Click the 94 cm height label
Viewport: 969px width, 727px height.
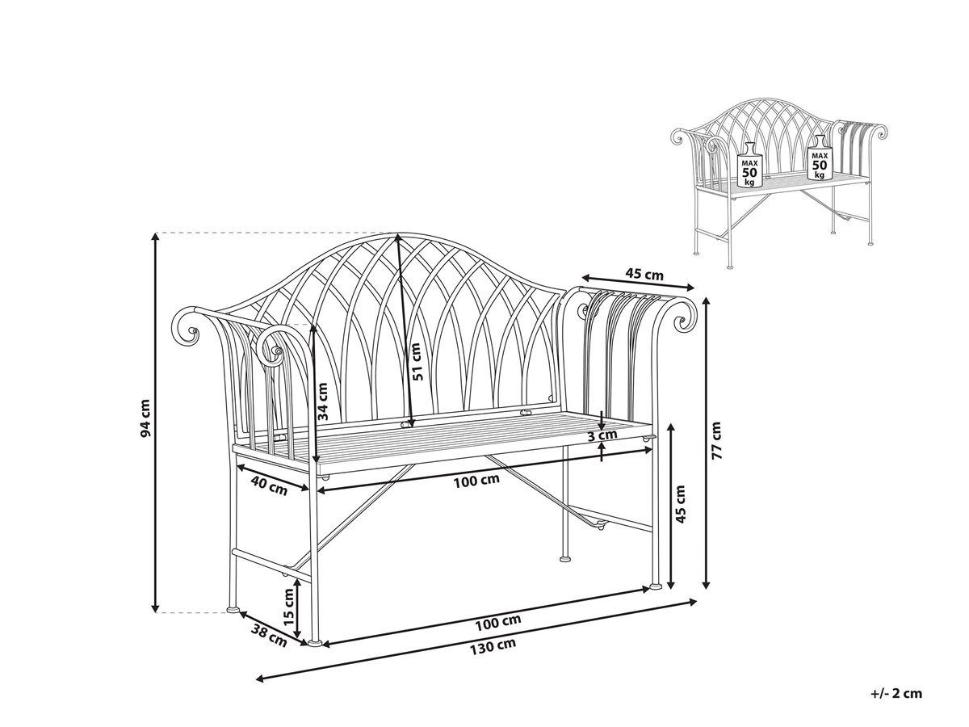pyautogui.click(x=145, y=418)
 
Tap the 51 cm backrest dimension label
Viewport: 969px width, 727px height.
pyautogui.click(x=416, y=362)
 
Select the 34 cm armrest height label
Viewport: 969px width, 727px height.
pyautogui.click(x=323, y=401)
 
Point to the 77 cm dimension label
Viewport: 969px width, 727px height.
pyautogui.click(x=716, y=440)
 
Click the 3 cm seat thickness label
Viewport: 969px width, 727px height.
pyautogui.click(x=602, y=435)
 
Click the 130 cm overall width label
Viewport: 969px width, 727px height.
pyautogui.click(x=493, y=645)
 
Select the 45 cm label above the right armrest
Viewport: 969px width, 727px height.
pyautogui.click(x=644, y=275)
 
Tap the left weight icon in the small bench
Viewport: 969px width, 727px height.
pyautogui.click(x=749, y=165)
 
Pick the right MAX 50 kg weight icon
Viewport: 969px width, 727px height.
pyautogui.click(x=820, y=158)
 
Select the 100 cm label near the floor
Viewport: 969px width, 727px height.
pyautogui.click(x=498, y=621)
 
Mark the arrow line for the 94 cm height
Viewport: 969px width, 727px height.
pyautogui.click(x=155, y=422)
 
